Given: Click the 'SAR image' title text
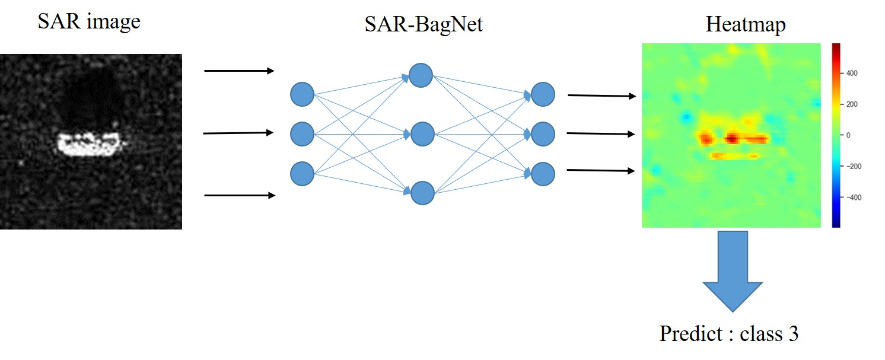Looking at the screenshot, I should [x=89, y=22].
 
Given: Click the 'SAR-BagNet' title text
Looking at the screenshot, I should [x=424, y=24].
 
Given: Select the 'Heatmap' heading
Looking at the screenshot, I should [x=746, y=24].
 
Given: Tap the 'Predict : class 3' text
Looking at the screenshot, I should [x=728, y=333].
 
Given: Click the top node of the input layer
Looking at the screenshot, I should [x=302, y=94].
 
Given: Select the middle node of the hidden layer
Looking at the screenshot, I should [x=422, y=134].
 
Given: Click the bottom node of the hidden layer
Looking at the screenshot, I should [x=422, y=193].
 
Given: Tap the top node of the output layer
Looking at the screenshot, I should [x=543, y=94].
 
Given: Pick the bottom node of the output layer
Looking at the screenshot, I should [x=543, y=174].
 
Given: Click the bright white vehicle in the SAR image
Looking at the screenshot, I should [x=90, y=144].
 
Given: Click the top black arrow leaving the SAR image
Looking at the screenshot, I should [x=239, y=71].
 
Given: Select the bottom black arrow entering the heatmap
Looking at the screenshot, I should [x=600, y=171].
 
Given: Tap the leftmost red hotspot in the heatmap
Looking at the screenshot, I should [x=706, y=139].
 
